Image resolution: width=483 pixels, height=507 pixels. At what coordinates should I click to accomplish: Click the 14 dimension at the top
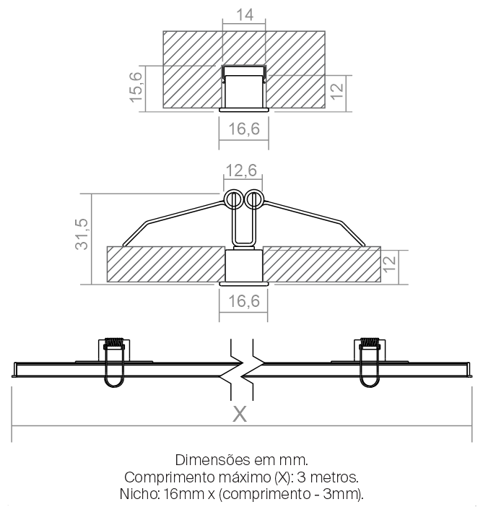tap(245, 15)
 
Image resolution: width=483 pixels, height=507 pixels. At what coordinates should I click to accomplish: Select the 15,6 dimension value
tap(136, 87)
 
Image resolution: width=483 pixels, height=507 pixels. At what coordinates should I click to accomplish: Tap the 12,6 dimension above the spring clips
tap(241, 170)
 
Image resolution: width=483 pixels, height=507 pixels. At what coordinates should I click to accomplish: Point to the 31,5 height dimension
tap(82, 234)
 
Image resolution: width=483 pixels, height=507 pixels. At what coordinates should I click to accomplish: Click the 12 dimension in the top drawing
tap(337, 92)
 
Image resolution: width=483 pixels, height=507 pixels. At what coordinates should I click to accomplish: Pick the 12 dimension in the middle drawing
tap(390, 264)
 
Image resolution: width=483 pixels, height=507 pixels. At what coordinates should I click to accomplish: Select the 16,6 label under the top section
tap(244, 129)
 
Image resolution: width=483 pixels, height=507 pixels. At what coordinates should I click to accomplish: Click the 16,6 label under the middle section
tap(244, 301)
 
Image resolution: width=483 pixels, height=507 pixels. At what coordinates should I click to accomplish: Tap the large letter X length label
tap(240, 414)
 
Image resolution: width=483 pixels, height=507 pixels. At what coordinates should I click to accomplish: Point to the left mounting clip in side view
tap(114, 362)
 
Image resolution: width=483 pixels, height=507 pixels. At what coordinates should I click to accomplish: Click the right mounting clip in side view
tap(370, 362)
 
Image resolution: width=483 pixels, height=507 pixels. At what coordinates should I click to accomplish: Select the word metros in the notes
tap(336, 477)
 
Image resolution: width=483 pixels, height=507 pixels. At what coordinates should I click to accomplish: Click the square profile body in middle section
tap(244, 266)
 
